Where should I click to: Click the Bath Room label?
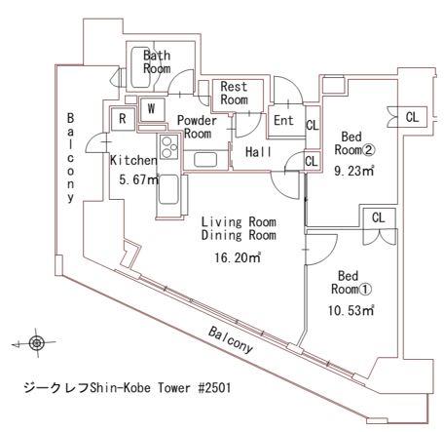click(158, 61)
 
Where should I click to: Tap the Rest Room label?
click(234, 94)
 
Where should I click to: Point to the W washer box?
click(152, 108)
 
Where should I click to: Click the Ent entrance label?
click(283, 121)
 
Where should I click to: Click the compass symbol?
click(37, 343)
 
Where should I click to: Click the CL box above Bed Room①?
click(377, 216)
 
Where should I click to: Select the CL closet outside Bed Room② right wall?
click(413, 116)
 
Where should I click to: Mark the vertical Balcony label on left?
click(70, 156)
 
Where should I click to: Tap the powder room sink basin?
click(206, 159)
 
